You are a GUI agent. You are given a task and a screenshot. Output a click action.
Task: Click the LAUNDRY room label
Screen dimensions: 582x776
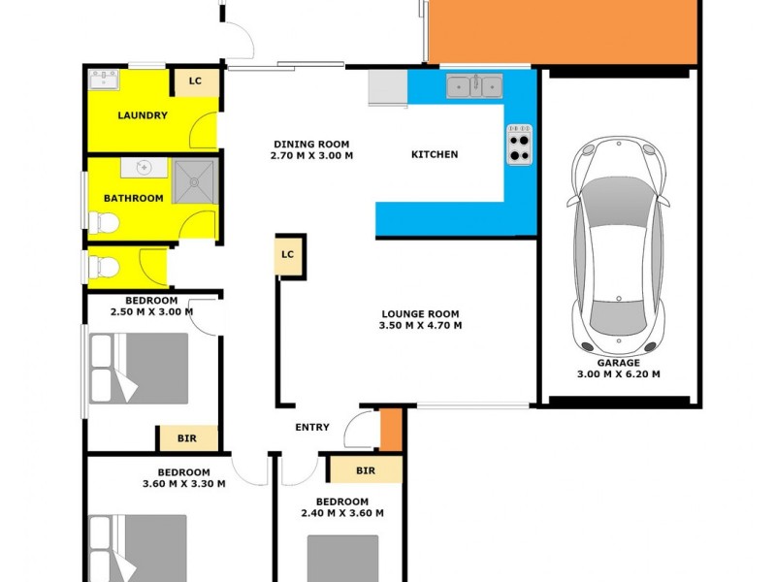coord(142,115)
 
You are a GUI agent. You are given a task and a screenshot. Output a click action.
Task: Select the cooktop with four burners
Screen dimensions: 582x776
coord(519,145)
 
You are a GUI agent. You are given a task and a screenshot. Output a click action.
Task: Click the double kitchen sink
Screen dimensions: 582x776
coord(474,86)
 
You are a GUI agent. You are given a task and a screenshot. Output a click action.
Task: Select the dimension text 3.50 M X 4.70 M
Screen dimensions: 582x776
coord(420,326)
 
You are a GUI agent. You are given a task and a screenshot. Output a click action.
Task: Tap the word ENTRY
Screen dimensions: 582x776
coord(312,427)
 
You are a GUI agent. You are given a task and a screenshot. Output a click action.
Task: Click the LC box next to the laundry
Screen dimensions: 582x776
coord(195,81)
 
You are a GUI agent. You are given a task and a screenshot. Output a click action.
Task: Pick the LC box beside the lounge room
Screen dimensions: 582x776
coord(287,255)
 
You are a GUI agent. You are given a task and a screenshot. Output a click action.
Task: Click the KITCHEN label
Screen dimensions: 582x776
coord(435,154)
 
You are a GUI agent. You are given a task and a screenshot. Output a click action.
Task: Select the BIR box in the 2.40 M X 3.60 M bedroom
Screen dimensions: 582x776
coord(365,470)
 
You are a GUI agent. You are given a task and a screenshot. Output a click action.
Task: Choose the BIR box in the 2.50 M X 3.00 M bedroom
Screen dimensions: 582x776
coord(187,438)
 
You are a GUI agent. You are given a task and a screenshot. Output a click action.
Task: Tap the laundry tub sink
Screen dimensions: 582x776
coord(103,80)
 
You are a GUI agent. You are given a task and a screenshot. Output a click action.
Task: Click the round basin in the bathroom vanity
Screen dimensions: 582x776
coord(145,168)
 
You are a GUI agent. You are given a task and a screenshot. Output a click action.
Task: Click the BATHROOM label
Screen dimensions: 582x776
coord(134,198)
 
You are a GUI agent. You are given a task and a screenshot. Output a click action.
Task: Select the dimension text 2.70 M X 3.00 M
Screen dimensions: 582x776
coord(311,155)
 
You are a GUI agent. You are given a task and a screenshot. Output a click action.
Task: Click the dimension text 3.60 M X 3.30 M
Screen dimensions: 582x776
coord(184,483)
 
